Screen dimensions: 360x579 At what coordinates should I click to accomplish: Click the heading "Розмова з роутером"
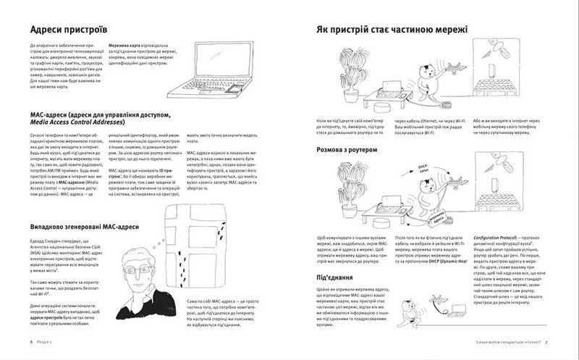(358, 150)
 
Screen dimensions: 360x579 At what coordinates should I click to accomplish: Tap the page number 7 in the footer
(547, 342)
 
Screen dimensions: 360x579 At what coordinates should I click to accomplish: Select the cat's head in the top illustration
(427, 70)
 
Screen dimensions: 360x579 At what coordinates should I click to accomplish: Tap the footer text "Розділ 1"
(47, 342)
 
